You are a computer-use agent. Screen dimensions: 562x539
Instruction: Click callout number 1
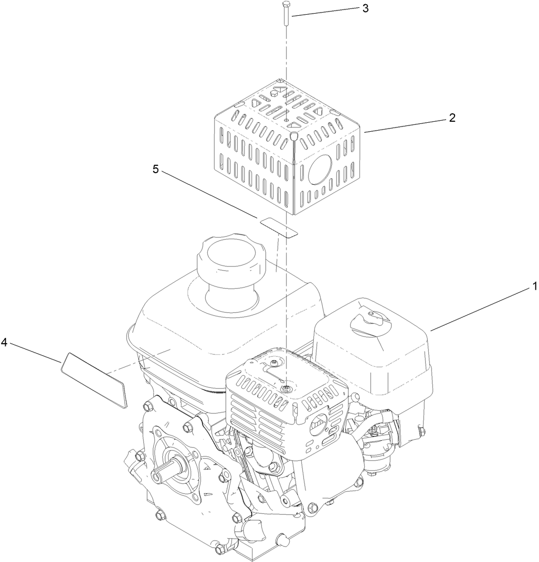click(x=534, y=287)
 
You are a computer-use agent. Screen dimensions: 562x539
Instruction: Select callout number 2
click(x=451, y=118)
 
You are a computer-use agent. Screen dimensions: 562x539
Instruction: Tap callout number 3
click(x=365, y=8)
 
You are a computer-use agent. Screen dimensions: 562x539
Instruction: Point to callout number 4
click(x=4, y=343)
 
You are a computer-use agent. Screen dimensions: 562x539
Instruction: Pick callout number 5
click(x=155, y=170)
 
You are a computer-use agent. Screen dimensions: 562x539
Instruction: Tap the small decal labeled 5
click(x=278, y=226)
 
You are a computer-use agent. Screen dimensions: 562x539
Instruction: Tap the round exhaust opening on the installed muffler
click(x=319, y=423)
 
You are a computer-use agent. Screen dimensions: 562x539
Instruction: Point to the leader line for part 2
click(x=404, y=126)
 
